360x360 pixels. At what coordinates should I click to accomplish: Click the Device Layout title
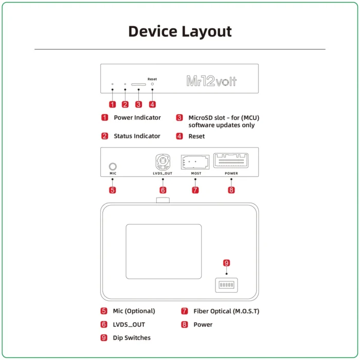tap(179, 31)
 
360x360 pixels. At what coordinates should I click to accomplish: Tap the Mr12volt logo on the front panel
tap(211, 81)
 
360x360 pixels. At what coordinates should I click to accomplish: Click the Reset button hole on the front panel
tap(152, 84)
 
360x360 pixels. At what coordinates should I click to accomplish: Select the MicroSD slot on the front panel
tap(138, 84)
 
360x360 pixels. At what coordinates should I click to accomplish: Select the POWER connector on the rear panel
tap(231, 160)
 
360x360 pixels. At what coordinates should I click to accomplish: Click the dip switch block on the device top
tap(226, 284)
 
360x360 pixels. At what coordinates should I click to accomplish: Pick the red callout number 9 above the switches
tap(226, 263)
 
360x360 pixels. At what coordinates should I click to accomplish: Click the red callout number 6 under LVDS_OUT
tap(163, 190)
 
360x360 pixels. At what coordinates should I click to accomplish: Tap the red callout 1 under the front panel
tap(112, 104)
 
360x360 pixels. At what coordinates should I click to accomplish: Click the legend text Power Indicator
tap(137, 118)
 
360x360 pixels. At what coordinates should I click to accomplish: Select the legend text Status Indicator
tap(137, 136)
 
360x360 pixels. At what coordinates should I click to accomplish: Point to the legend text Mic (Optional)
tap(134, 311)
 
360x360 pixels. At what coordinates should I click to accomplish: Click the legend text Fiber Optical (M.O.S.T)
tap(226, 311)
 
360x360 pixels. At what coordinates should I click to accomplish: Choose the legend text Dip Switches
tap(132, 338)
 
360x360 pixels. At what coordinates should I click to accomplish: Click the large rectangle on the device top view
tap(164, 251)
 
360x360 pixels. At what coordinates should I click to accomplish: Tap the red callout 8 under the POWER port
tap(231, 190)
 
